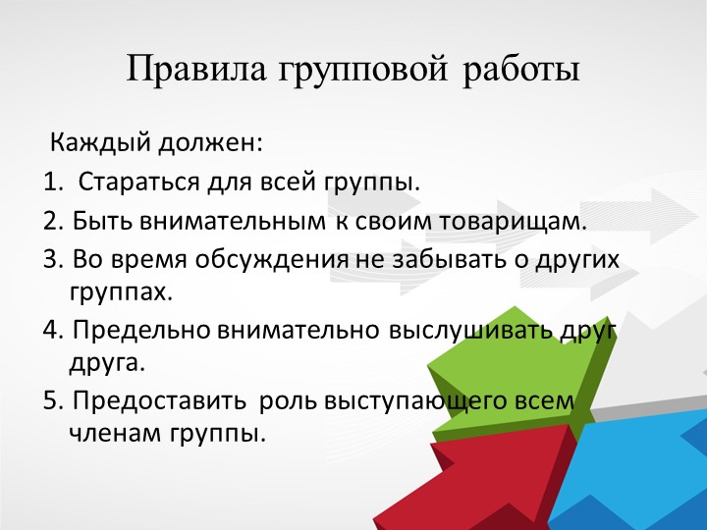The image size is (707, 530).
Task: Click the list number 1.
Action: tap(50, 183)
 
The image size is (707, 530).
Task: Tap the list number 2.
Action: tap(51, 221)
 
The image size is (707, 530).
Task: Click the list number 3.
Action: tap(51, 258)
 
